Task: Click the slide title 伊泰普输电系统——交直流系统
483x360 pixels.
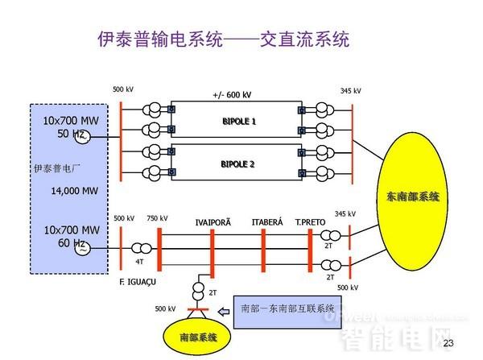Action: (223, 39)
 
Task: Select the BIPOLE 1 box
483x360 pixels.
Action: (237, 121)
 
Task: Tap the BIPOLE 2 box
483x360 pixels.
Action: (237, 163)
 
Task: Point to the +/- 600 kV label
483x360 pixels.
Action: (233, 94)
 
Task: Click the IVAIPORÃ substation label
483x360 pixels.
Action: (212, 222)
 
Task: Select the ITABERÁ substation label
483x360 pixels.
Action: (267, 222)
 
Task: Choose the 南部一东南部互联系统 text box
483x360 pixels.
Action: (287, 307)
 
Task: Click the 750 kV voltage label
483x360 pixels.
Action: (157, 218)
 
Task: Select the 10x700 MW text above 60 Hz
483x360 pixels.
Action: (70, 230)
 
